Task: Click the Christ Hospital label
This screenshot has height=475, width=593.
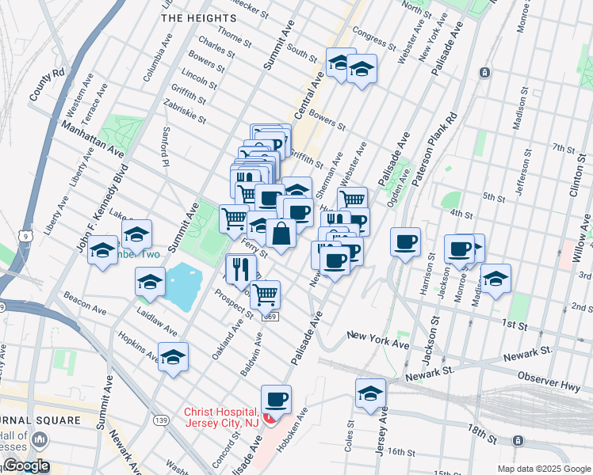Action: coord(221,418)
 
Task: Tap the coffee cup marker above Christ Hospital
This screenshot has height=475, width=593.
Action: coord(276,399)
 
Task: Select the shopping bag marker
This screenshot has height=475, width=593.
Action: coord(281,234)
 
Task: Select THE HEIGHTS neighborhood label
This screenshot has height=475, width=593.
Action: coord(194,16)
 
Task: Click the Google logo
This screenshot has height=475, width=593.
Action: coord(25,465)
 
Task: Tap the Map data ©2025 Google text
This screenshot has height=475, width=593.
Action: coord(543,469)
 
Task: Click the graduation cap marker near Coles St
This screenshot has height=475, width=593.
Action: coord(370,393)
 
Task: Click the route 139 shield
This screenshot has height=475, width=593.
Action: coord(162,420)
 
